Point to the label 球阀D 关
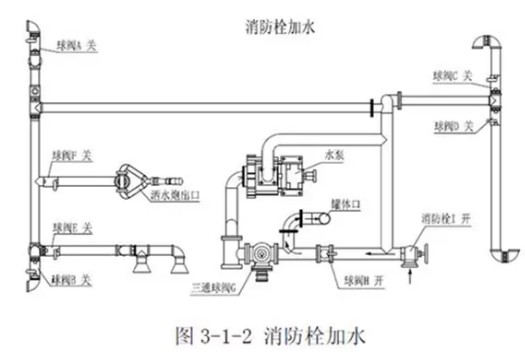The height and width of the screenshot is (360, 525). click(x=458, y=126)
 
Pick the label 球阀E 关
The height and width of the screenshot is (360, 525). click(x=72, y=228)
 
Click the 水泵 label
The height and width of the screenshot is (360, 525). click(x=333, y=155)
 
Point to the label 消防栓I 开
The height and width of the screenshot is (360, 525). click(x=446, y=217)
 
